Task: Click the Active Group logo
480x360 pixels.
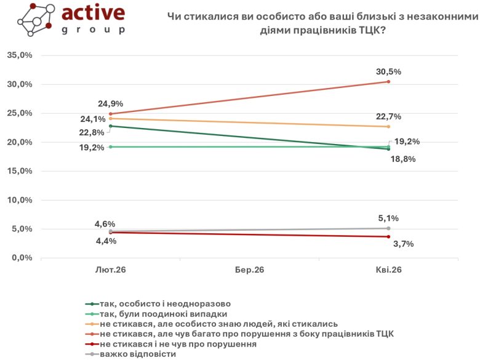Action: pos(71,20)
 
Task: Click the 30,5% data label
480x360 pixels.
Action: pos(388,71)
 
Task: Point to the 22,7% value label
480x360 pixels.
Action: pos(388,117)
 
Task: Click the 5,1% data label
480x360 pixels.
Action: pos(388,218)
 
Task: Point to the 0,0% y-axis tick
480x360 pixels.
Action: pos(22,258)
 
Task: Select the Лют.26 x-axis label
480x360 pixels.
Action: pos(111,270)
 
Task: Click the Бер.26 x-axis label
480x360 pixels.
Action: pos(249,270)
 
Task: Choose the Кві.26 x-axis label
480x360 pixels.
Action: pos(388,270)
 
